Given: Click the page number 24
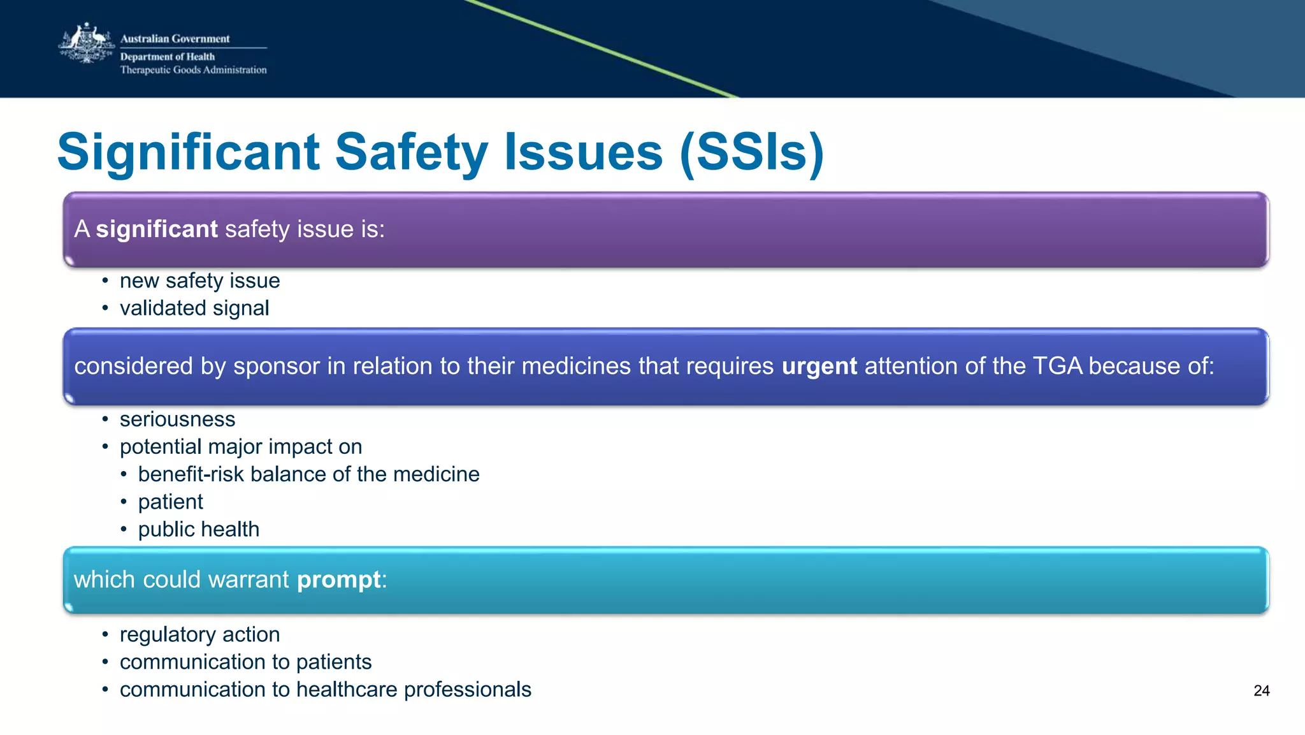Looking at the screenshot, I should [1261, 691].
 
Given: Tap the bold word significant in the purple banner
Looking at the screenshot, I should [157, 229].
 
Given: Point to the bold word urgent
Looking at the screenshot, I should [819, 367].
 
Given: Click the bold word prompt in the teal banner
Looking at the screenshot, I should [339, 580].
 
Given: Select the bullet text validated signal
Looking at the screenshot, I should [194, 309].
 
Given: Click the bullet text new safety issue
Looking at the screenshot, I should [199, 281].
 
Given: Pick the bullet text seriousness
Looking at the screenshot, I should [177, 419].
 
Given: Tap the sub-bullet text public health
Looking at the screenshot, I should [198, 530].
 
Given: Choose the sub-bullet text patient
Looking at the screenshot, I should [170, 502].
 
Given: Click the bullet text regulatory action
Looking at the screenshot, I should [199, 635].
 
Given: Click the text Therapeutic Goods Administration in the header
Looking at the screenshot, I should [193, 70].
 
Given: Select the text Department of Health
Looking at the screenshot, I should [168, 57].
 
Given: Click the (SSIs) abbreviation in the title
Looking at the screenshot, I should [752, 153].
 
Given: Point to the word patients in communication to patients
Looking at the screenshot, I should [333, 662].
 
